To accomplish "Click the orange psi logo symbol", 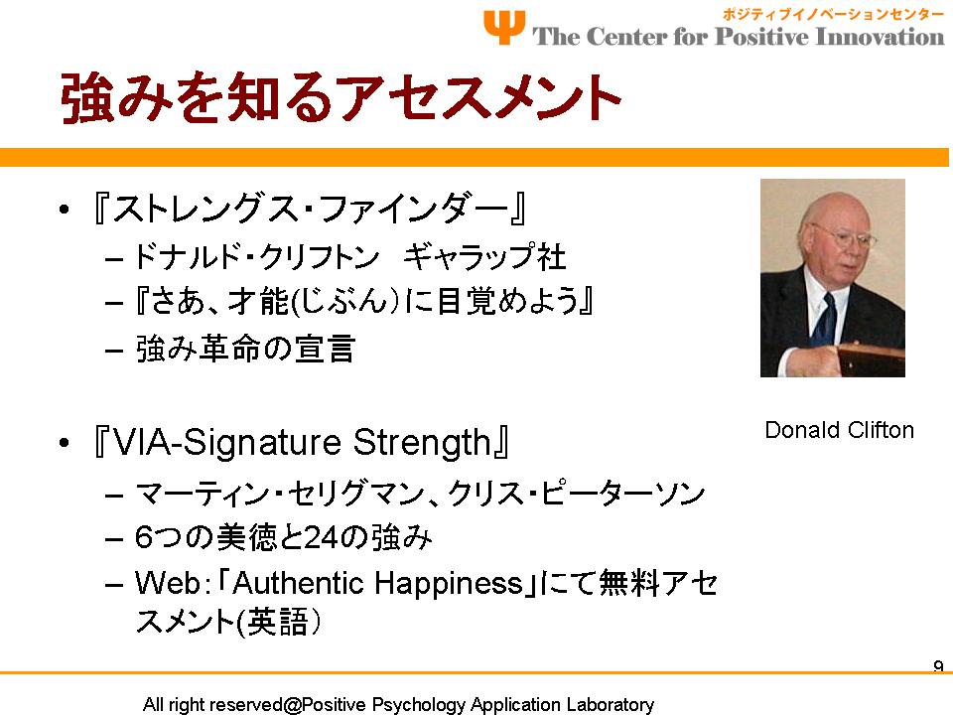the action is pos(504,27).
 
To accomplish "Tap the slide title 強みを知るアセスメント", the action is pos(340,97).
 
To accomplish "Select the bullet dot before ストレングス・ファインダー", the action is pos(65,210).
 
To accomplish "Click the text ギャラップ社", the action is pos(484,256).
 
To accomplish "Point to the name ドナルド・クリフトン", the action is pos(256,256).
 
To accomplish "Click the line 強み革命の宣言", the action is pos(245,349).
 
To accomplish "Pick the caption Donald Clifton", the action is pos(840,430).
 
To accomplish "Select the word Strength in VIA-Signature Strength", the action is pos(423,442).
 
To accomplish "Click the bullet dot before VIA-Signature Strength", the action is pos(65,443).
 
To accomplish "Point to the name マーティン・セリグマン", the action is pos(279,494).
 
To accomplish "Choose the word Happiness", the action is pos(449,584).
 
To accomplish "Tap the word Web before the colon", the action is pos(167,583).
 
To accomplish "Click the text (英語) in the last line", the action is pos(278,622).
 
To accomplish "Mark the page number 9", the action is pos(938,665).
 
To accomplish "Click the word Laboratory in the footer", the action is pos(610,704).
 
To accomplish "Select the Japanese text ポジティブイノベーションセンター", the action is pos(833,14).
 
